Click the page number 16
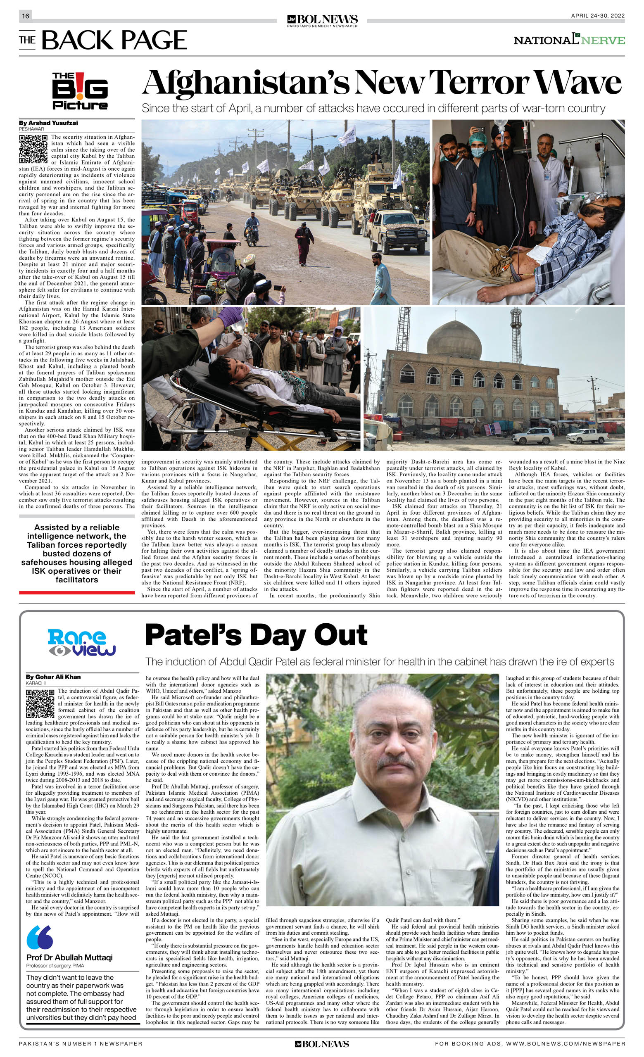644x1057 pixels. [25, 16]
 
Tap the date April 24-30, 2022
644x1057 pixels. [597, 16]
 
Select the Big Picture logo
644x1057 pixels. [80, 91]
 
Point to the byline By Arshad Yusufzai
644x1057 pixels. [48, 123]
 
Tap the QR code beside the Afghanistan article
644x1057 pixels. [33, 149]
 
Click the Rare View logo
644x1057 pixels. [81, 642]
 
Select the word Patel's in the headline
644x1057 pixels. [193, 636]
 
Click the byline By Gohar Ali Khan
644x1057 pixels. [53, 677]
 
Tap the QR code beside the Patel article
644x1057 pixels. [40, 703]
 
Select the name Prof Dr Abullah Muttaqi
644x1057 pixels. [69, 958]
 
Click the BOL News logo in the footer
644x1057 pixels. [321, 1044]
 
